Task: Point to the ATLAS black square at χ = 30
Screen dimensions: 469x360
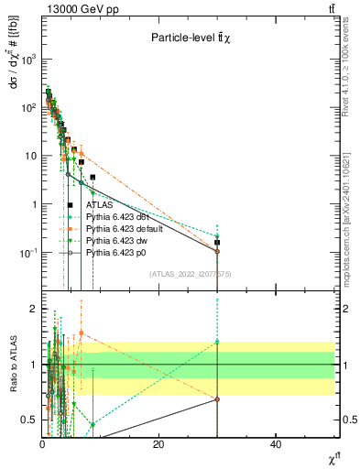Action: point(217,243)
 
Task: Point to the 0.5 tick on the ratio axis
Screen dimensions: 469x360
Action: point(29,420)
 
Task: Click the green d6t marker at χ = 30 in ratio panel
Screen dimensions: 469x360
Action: point(217,342)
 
